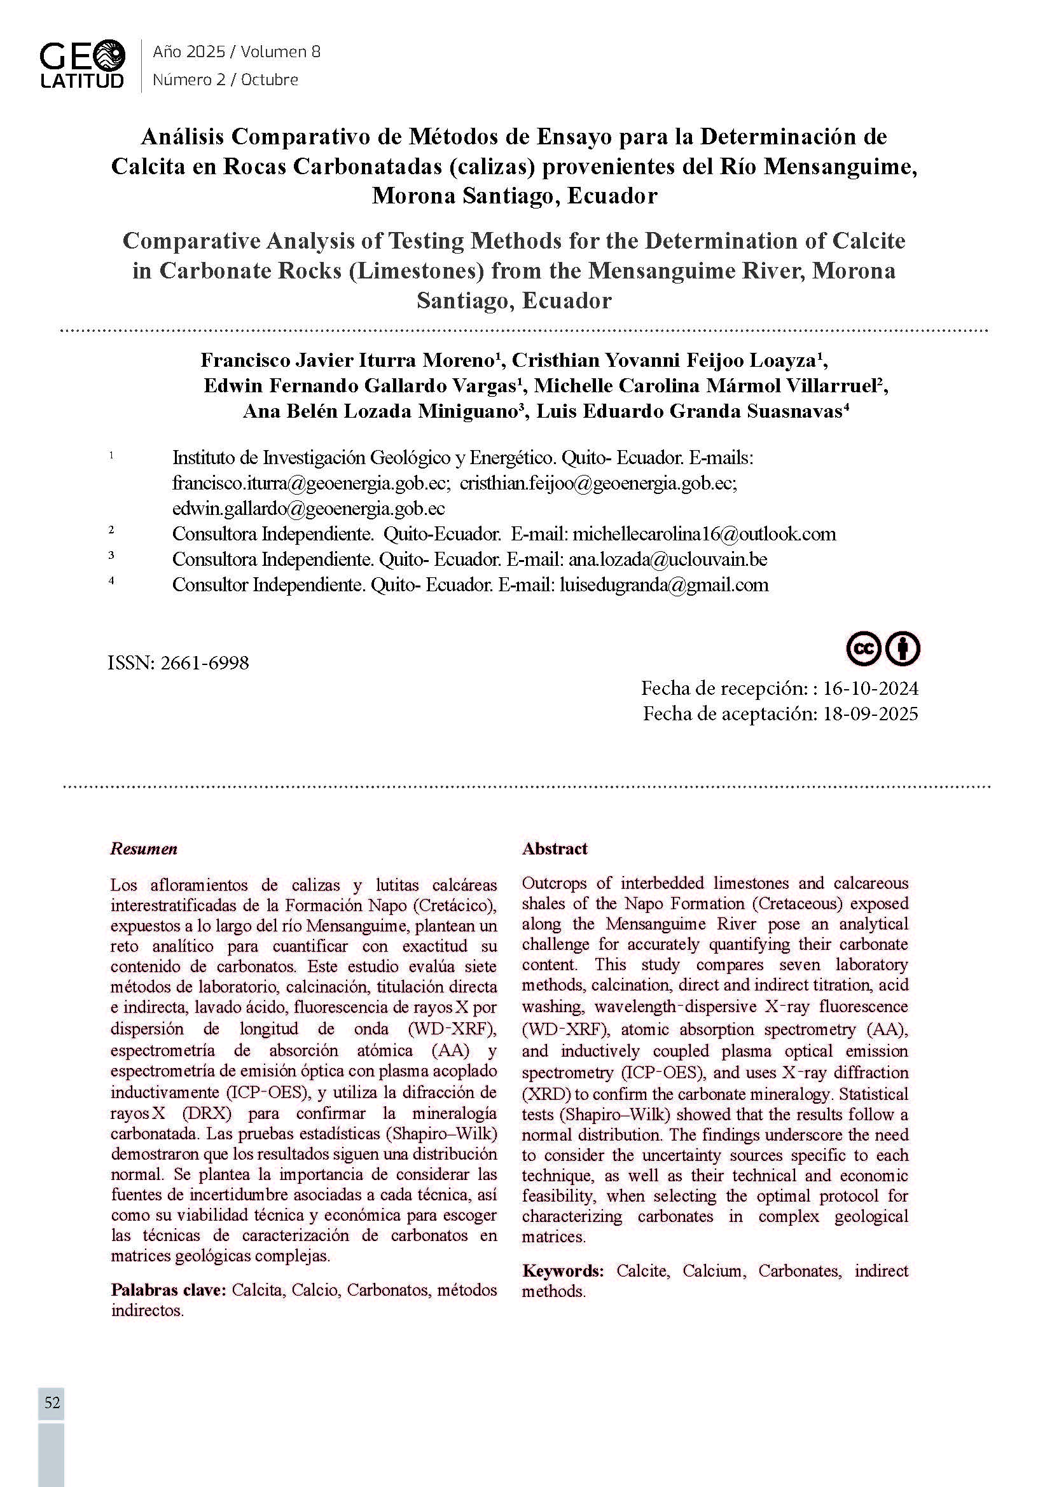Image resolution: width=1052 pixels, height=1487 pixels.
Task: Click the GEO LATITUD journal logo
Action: (x=81, y=64)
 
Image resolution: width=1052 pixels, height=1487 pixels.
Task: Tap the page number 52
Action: (x=52, y=1403)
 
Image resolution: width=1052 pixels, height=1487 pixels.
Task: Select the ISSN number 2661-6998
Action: (x=202, y=663)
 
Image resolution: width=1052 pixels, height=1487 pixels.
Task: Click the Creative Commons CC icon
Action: (x=864, y=648)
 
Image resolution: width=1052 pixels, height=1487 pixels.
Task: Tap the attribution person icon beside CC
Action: (x=903, y=648)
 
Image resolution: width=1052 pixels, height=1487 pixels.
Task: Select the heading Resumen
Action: (x=144, y=849)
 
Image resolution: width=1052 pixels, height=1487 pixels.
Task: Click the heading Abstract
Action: (x=555, y=849)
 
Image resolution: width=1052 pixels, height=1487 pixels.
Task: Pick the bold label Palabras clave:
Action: (x=169, y=1289)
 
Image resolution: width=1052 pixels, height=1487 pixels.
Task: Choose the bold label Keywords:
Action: (x=563, y=1271)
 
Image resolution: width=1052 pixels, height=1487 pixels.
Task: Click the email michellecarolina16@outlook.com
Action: (x=704, y=533)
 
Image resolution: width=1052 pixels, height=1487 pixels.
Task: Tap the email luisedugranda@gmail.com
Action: (x=664, y=585)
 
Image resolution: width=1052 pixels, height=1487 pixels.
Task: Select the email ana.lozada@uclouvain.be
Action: (x=668, y=559)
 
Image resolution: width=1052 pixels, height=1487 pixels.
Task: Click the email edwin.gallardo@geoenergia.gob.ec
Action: (x=308, y=509)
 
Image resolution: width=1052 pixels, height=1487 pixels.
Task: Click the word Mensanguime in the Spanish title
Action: (x=840, y=167)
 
